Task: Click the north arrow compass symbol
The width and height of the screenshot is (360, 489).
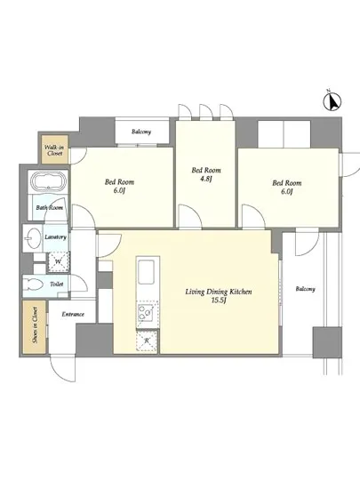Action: click(332, 101)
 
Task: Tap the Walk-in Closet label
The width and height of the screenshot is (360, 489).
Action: click(53, 150)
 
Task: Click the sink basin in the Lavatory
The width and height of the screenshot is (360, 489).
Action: click(32, 238)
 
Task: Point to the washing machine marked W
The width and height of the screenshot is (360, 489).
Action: click(58, 261)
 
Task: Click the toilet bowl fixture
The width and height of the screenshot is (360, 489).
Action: click(32, 285)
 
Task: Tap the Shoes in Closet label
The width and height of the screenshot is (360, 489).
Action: click(35, 325)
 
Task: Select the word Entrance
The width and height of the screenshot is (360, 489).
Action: click(73, 314)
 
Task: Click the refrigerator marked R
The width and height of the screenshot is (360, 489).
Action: click(147, 341)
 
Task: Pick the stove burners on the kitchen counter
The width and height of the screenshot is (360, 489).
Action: click(145, 312)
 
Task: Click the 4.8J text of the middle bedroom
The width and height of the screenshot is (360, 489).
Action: click(206, 179)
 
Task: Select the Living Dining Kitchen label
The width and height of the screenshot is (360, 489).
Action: click(219, 292)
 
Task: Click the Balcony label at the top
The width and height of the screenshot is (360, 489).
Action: click(141, 132)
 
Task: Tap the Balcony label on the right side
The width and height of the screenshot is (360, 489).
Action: click(306, 289)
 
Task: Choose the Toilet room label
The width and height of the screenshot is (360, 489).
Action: click(56, 285)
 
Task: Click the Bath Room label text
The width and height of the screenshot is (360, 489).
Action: click(50, 208)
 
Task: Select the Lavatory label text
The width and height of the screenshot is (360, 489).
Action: click(55, 237)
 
